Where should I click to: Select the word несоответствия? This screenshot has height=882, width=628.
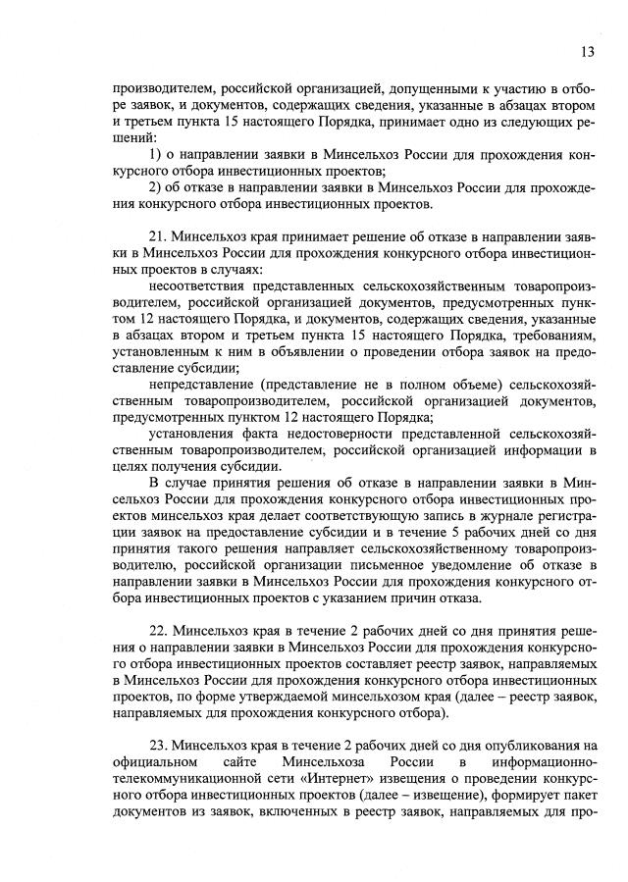[x=200, y=285]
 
